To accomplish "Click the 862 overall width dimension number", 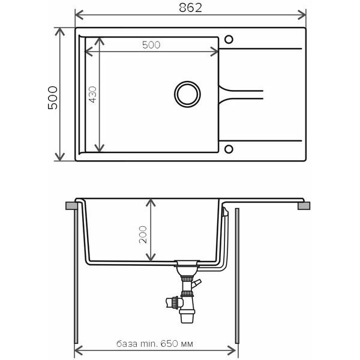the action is [190, 8].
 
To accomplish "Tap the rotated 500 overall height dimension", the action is [53, 98].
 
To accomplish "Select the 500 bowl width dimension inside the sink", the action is [151, 45].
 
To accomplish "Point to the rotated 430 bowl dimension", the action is [92, 94].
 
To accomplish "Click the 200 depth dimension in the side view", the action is [143, 235].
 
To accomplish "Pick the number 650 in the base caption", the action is [169, 344].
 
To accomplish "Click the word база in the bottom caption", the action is [127, 344].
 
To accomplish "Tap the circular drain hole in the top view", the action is [187, 94].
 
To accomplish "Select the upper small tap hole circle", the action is [229, 40].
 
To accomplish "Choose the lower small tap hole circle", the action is [229, 149].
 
